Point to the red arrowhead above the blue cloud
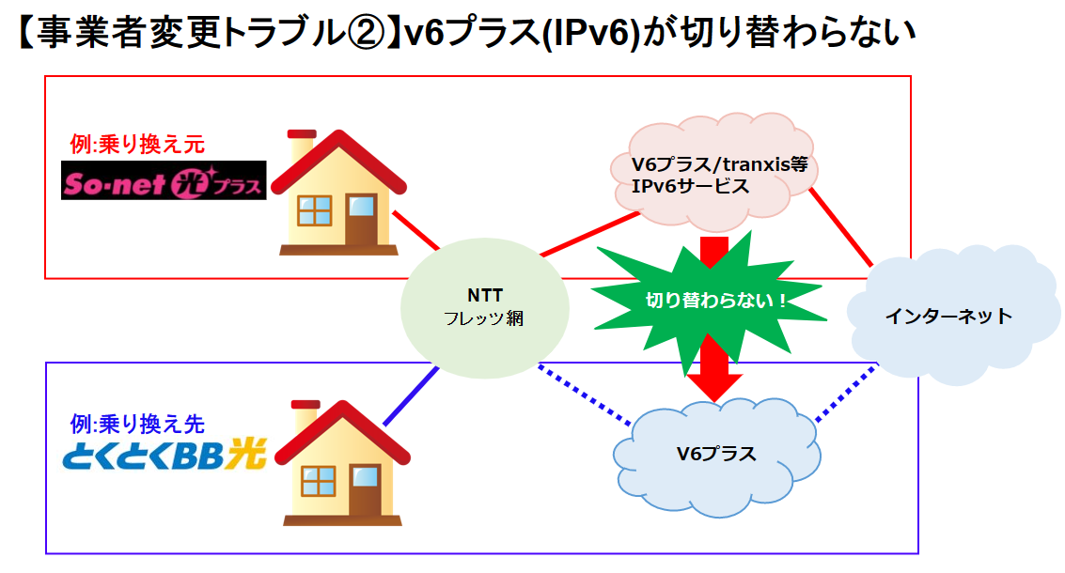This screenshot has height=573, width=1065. (x=714, y=386)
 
